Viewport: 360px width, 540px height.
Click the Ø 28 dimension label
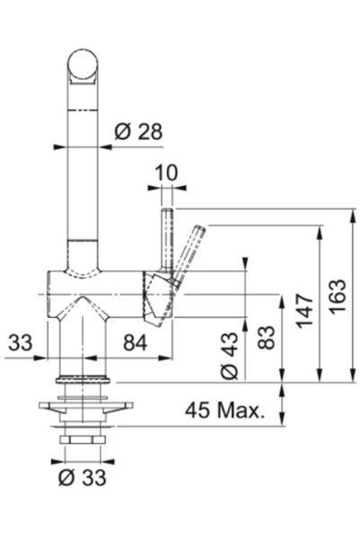pyautogui.click(x=138, y=131)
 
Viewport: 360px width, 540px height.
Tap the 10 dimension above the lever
pyautogui.click(x=167, y=173)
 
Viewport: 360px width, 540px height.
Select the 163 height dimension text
pyautogui.click(x=338, y=296)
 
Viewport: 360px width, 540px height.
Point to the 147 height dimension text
pyautogui.click(x=305, y=310)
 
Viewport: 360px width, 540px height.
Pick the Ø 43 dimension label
pyautogui.click(x=229, y=356)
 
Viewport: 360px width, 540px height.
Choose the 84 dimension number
pyautogui.click(x=136, y=342)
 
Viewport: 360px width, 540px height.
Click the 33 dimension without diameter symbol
pyautogui.click(x=21, y=342)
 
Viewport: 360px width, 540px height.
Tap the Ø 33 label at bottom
pyautogui.click(x=83, y=478)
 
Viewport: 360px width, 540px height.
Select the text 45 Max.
pyautogui.click(x=225, y=410)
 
